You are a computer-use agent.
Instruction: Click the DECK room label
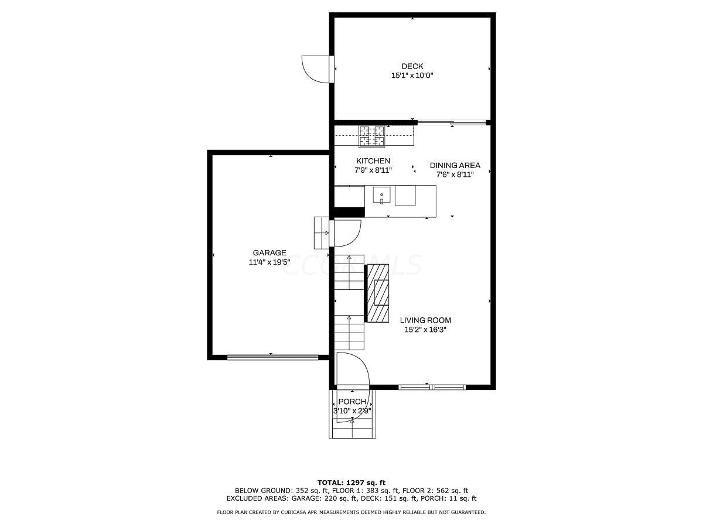tap(412, 66)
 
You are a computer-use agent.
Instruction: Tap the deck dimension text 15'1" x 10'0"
tap(412, 76)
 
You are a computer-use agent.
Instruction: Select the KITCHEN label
tap(373, 161)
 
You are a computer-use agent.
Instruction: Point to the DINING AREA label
tap(455, 165)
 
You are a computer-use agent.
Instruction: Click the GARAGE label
tap(269, 253)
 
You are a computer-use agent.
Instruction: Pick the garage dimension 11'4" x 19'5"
tap(269, 262)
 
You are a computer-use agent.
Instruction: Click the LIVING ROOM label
tap(425, 320)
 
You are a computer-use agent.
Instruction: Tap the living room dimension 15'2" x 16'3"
tap(425, 330)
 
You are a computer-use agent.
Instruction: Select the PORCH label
tap(352, 402)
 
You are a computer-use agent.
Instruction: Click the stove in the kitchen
tap(372, 136)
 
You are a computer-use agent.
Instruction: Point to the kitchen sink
tap(381, 195)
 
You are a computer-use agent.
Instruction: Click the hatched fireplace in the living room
tap(378, 293)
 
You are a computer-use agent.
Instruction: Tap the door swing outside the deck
tap(316, 69)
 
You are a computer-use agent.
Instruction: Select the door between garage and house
tap(346, 232)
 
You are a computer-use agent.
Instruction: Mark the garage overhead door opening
tap(272, 357)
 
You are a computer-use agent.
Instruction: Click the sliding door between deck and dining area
tap(451, 123)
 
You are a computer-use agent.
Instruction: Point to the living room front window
tap(432, 387)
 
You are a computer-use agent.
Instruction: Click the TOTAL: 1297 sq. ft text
tap(351, 482)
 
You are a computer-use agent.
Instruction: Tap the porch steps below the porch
tap(352, 432)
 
